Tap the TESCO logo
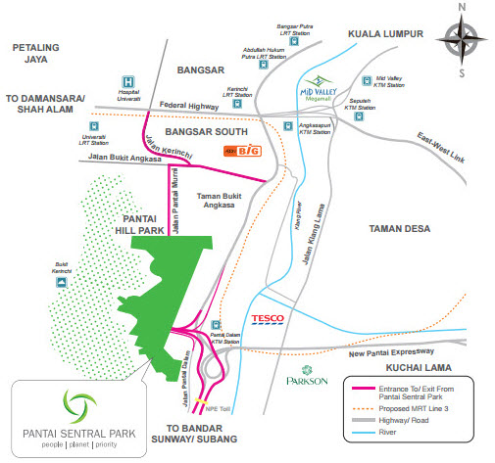[x=268, y=319]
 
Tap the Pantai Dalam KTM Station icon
[x=216, y=326]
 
